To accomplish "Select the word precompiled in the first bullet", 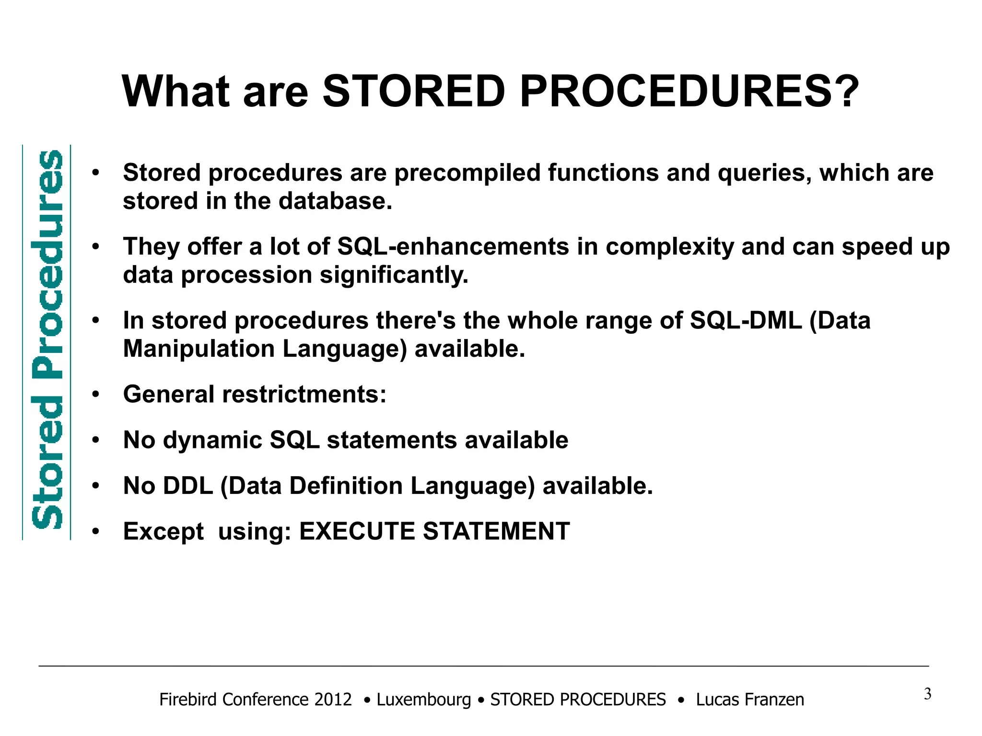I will [x=468, y=173].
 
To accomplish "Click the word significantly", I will [x=394, y=275].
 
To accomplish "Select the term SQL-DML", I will [x=746, y=320].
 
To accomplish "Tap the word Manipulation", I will [x=199, y=349].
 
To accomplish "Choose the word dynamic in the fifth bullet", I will [x=212, y=440].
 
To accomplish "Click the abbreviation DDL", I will [x=188, y=486].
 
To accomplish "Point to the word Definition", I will [x=346, y=486].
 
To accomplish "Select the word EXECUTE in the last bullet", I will [x=357, y=531].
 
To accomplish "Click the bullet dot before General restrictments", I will [x=96, y=395].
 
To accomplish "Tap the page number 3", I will [x=927, y=694].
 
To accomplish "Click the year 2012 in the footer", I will [x=333, y=700].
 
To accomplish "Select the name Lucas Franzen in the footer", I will [x=749, y=700].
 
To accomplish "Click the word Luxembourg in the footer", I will [x=423, y=700].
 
